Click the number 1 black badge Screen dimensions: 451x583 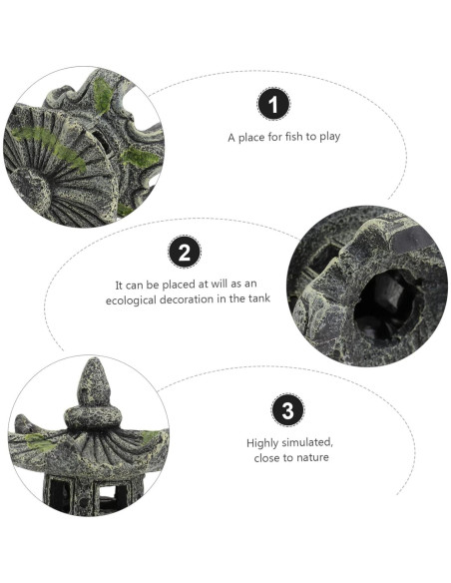(273, 104)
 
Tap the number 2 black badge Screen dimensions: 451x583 (185, 252)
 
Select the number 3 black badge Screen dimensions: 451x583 (287, 410)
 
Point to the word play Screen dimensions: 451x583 (330, 137)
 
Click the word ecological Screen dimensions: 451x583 (130, 300)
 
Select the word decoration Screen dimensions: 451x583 (186, 299)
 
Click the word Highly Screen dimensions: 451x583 (262, 443)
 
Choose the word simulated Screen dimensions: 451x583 (307, 443)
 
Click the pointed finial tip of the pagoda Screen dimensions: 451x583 (94, 360)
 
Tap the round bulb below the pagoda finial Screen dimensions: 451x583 (93, 417)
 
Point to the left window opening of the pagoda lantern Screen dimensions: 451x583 (60, 493)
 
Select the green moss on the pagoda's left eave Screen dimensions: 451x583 (39, 443)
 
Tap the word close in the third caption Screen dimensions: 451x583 (266, 457)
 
